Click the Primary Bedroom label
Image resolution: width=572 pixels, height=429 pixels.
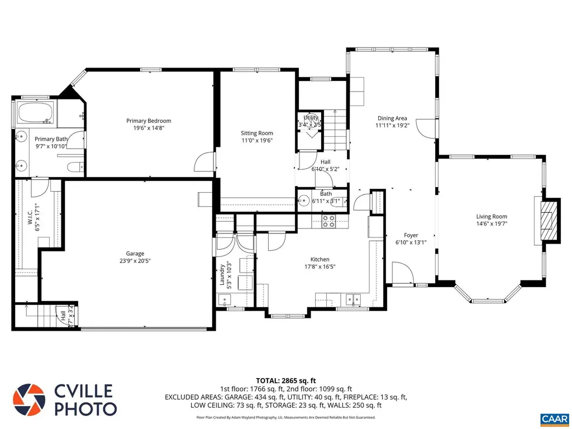click(x=149, y=121)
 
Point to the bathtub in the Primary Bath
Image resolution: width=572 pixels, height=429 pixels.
click(x=35, y=113)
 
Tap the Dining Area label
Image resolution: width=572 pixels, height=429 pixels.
click(x=392, y=118)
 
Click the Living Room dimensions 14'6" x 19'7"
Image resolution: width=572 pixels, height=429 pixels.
click(x=492, y=224)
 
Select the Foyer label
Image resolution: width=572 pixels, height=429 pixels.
click(x=411, y=235)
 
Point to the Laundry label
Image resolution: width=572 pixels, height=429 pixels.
click(x=222, y=274)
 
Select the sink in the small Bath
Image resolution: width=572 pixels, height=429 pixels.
click(x=304, y=201)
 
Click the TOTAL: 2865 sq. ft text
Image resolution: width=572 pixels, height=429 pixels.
click(x=286, y=380)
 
